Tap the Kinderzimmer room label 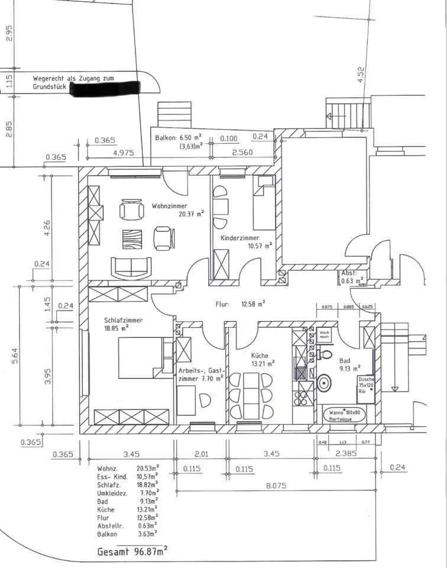point(240,238)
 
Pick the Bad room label point(345,359)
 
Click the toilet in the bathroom point(325,354)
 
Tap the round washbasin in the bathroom point(325,382)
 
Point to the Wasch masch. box point(325,334)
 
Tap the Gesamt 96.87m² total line point(132,551)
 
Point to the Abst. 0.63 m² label point(349,277)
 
